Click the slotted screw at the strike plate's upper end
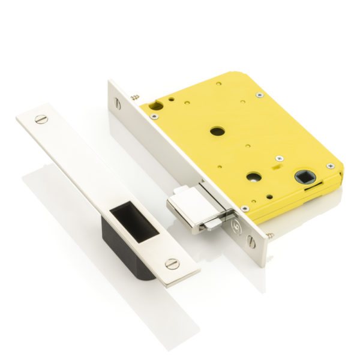coord(41,118)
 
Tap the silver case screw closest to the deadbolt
coord(245,208)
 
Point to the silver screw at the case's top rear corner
coord(259,95)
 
